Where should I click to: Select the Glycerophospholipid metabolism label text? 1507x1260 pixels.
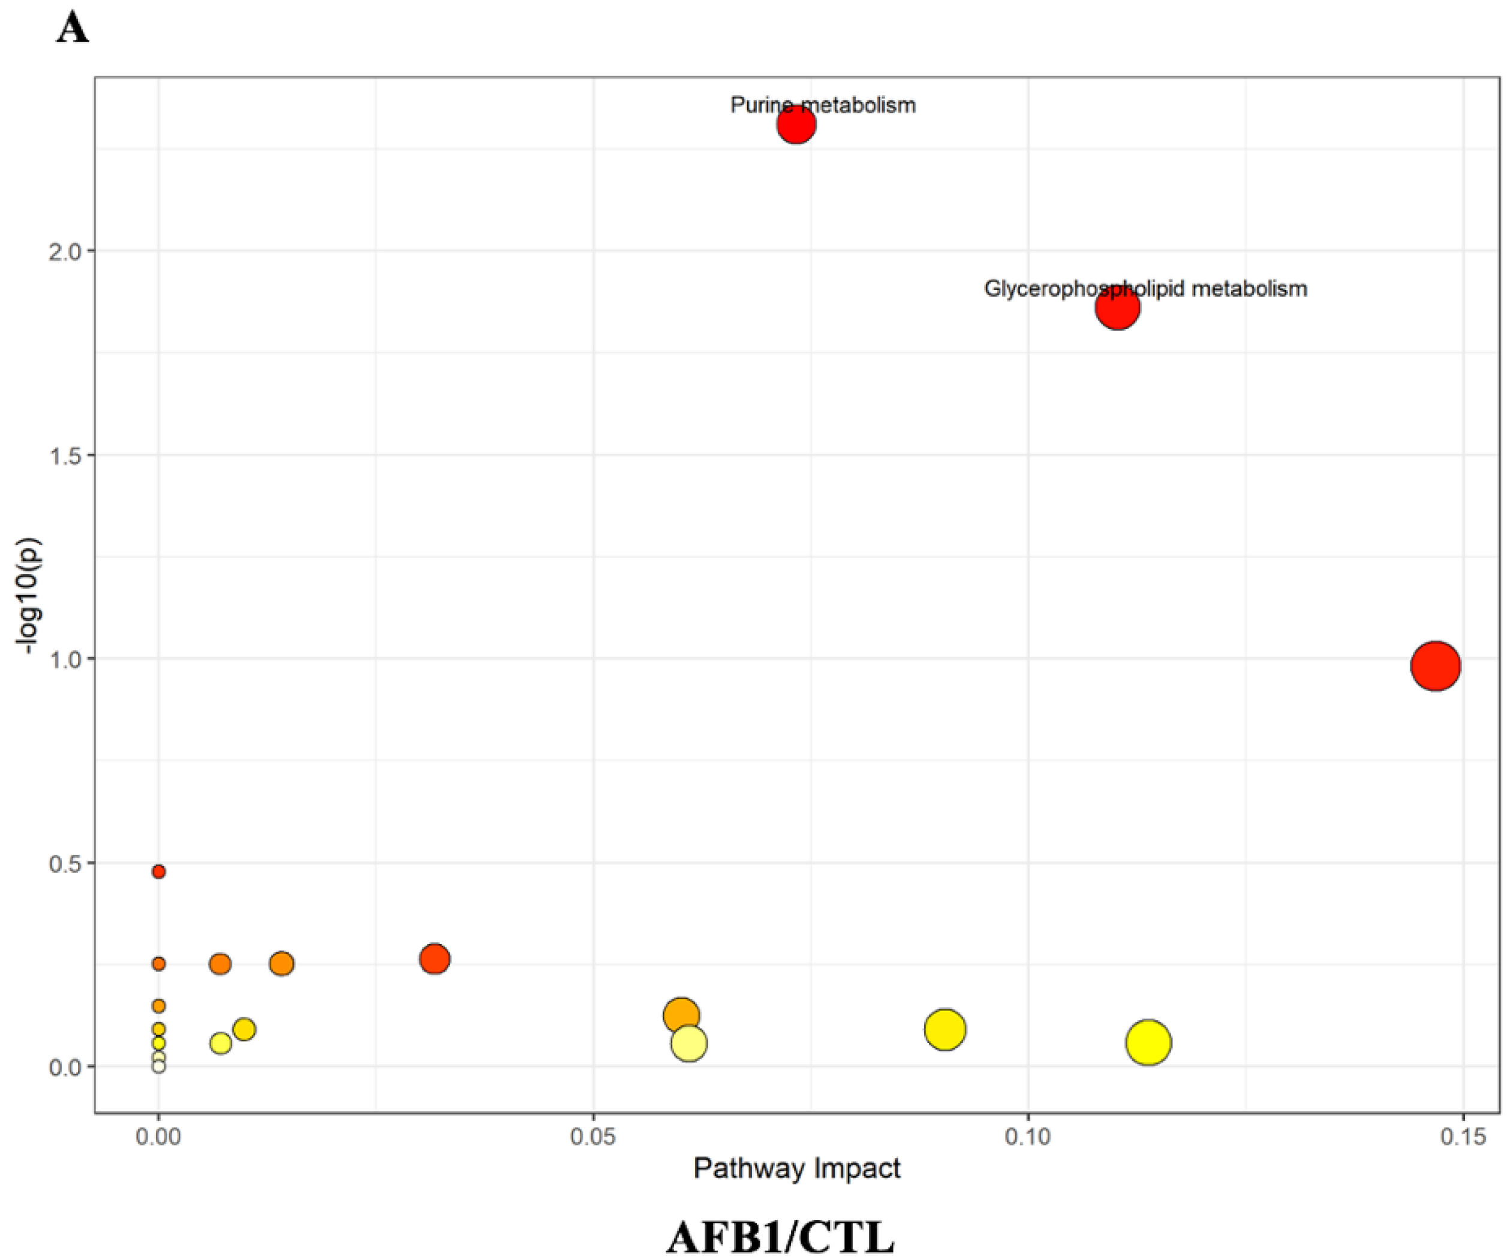pos(1145,289)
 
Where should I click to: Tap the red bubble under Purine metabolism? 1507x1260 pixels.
pos(796,125)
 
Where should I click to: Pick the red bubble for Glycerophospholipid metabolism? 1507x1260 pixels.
pos(1117,308)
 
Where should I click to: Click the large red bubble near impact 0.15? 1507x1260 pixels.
pos(1435,666)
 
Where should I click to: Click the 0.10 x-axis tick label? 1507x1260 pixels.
pos(1028,1137)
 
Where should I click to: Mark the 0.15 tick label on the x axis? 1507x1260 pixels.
pos(1463,1137)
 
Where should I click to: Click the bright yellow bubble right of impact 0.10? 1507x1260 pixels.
pos(1148,1043)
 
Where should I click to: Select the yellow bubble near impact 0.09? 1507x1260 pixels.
pos(945,1030)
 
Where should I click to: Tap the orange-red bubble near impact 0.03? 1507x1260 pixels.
pos(435,959)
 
